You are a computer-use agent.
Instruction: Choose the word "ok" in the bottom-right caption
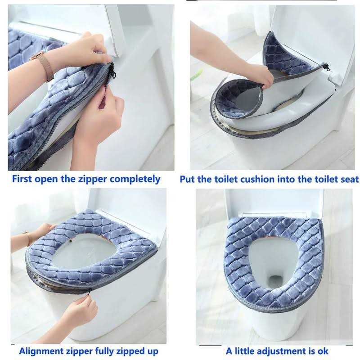coord(322,351)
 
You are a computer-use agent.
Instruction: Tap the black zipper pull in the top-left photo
coord(111,71)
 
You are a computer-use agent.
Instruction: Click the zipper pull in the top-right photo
coord(326,67)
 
